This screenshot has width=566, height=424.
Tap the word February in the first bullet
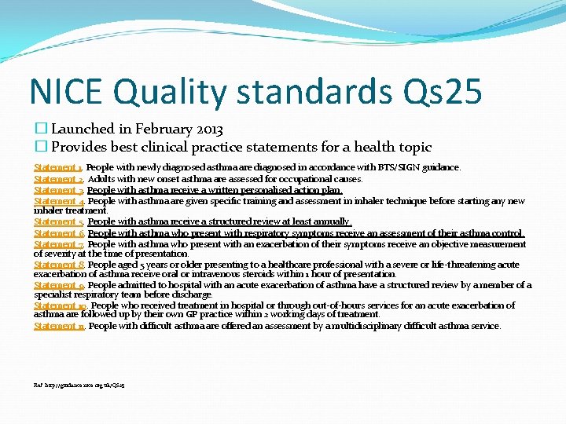click(162, 129)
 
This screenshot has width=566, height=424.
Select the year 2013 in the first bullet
click(209, 129)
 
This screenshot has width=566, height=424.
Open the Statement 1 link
click(58, 168)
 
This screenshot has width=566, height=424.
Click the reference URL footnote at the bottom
click(79, 386)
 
